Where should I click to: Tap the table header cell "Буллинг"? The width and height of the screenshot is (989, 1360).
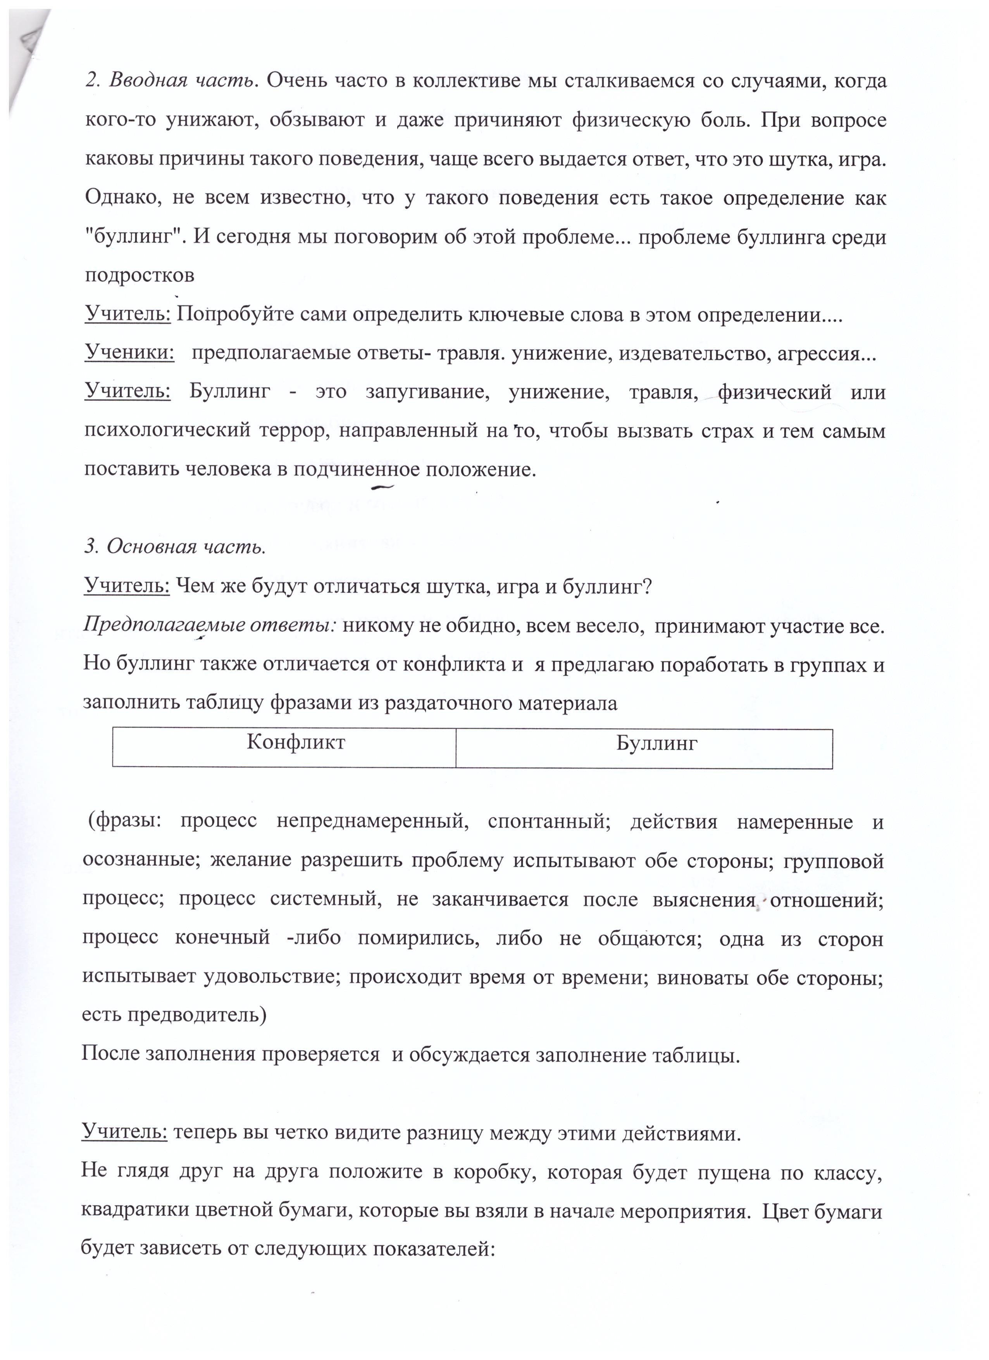point(657,744)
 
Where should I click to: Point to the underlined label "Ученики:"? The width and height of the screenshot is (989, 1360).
point(129,353)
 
